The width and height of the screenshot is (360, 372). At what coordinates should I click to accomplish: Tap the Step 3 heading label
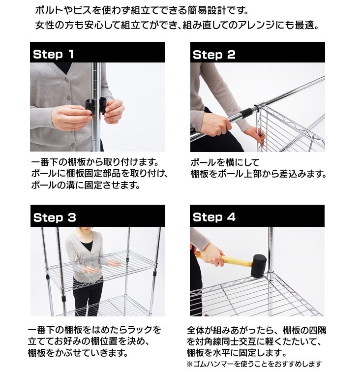point(54,217)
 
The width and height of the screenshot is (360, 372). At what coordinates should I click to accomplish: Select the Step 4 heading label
point(214,217)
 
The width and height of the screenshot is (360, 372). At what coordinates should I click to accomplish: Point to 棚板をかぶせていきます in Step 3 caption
point(79,353)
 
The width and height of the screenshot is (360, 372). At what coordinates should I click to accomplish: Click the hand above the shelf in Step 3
point(113,265)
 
